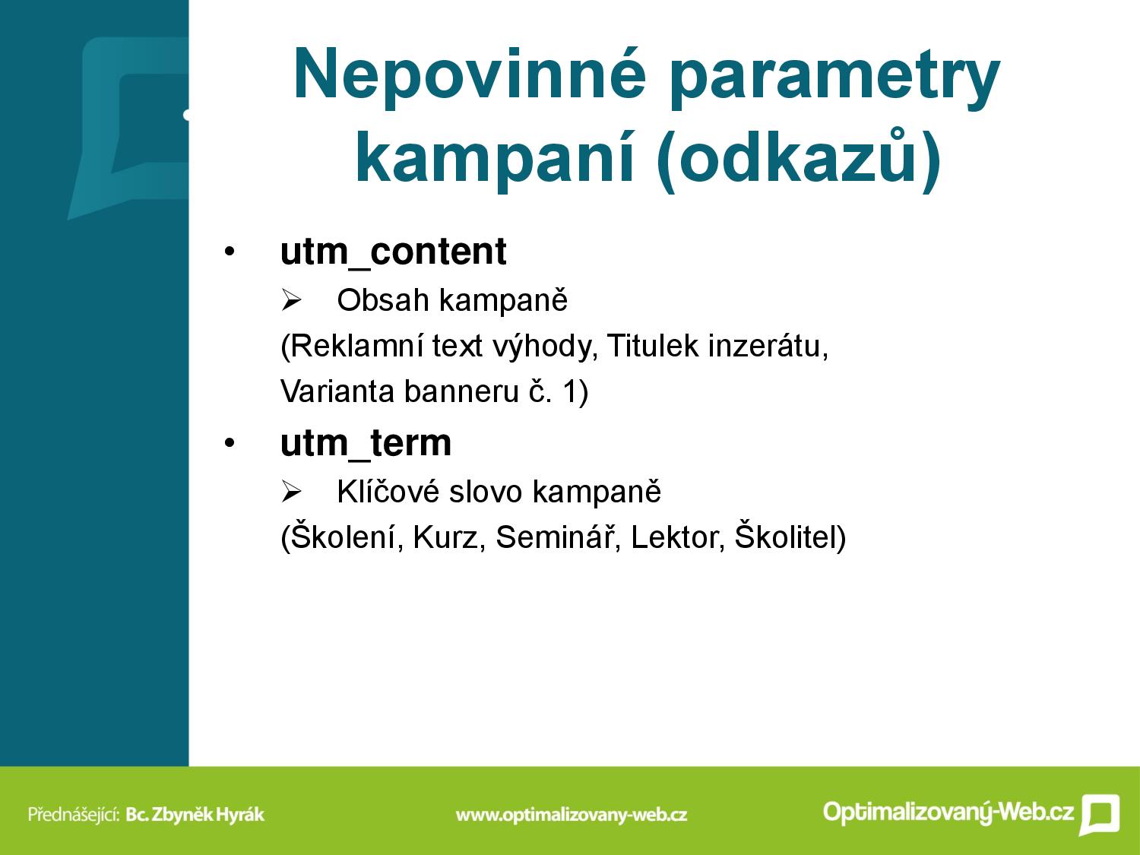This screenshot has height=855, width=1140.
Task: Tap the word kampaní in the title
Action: point(495,156)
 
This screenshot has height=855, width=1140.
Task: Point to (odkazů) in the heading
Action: point(799,158)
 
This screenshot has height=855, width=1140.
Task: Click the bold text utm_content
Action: point(393,252)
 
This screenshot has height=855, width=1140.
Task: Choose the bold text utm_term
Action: point(366,444)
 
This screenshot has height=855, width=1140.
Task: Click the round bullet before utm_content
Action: point(230,252)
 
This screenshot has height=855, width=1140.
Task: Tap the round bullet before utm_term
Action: point(230,443)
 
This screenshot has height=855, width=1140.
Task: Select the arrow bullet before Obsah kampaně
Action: point(291,300)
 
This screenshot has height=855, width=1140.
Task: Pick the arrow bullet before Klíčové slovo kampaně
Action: point(291,491)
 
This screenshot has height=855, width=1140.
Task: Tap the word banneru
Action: point(461,392)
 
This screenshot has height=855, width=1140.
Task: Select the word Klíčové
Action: point(388,490)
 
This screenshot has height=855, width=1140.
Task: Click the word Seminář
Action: point(558,537)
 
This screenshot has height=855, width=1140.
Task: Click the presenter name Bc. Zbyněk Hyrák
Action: point(195,814)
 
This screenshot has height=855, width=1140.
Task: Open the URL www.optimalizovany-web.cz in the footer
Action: point(572,815)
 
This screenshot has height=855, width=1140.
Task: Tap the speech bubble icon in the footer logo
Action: point(1099,813)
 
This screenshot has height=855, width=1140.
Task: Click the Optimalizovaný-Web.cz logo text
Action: point(948,812)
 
